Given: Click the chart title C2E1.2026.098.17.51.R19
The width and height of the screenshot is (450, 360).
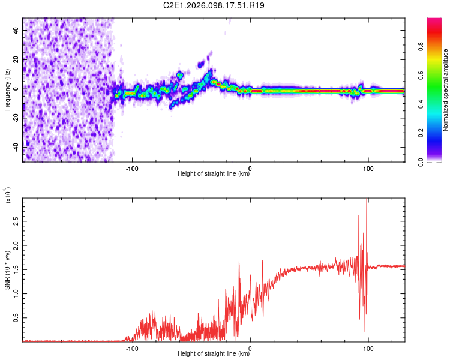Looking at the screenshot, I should (214, 6).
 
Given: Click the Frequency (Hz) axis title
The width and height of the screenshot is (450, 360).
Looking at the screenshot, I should (7, 89).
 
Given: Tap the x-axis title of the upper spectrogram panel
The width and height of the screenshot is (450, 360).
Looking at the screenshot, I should (214, 174).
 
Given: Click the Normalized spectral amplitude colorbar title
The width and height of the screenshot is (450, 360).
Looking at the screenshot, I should (446, 89).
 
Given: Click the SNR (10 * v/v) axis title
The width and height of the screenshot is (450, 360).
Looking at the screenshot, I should (7, 270).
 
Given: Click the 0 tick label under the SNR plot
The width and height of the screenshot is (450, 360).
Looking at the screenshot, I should (250, 347).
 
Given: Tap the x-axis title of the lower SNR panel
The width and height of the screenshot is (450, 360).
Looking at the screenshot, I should (214, 354).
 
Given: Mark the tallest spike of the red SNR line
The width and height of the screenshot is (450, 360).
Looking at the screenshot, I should (367, 200).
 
